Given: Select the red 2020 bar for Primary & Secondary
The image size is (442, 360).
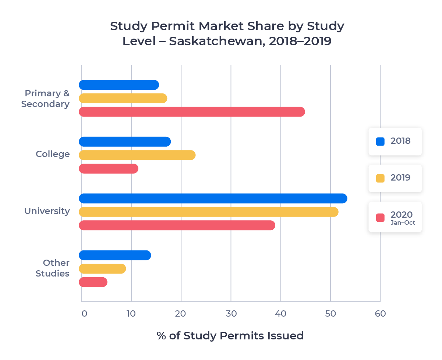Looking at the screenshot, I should (x=192, y=112).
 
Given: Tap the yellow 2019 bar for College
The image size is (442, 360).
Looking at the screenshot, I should (x=137, y=155).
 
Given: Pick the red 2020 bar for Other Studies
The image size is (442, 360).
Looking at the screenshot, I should (x=93, y=282).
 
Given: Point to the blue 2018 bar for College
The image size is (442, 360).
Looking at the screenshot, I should (x=125, y=142).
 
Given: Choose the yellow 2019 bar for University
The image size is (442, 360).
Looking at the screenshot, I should (x=208, y=212).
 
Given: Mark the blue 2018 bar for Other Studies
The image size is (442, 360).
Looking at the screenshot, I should (x=115, y=255).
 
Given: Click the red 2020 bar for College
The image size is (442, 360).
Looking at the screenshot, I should (x=109, y=169).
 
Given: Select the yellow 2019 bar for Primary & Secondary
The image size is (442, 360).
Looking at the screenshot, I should (x=123, y=99).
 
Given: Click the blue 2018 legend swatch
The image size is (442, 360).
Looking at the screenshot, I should (x=380, y=141).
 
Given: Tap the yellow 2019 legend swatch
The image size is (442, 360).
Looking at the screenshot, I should (x=380, y=178).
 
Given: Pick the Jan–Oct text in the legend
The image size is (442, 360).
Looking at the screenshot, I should (x=403, y=222).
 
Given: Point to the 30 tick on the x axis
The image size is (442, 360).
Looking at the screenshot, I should (x=231, y=314).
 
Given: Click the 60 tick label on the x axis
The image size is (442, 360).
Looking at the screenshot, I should (x=380, y=314).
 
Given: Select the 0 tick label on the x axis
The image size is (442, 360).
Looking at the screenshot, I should (x=84, y=314).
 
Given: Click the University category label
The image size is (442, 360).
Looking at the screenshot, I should (x=47, y=211).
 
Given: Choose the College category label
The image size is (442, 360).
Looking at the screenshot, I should (x=53, y=154).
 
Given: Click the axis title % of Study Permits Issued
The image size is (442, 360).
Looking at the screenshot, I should (x=230, y=336).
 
